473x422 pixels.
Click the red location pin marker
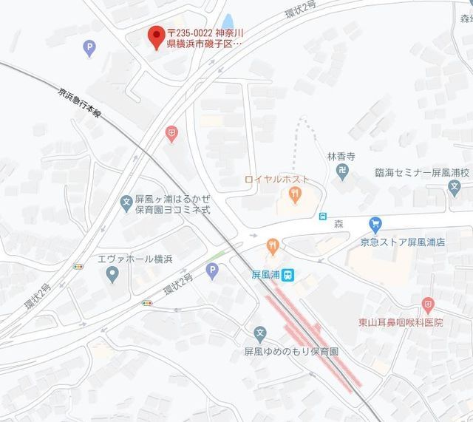point(156,36)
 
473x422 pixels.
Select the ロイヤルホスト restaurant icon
point(294,195)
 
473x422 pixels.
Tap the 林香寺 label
point(341,157)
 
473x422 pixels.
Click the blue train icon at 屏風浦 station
point(290,274)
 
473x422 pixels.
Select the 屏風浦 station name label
point(265,274)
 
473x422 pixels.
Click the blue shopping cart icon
point(375,223)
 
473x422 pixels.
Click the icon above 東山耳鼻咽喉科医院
point(427,305)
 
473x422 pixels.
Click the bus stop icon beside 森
point(323,217)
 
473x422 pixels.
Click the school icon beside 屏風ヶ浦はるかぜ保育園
point(126,200)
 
